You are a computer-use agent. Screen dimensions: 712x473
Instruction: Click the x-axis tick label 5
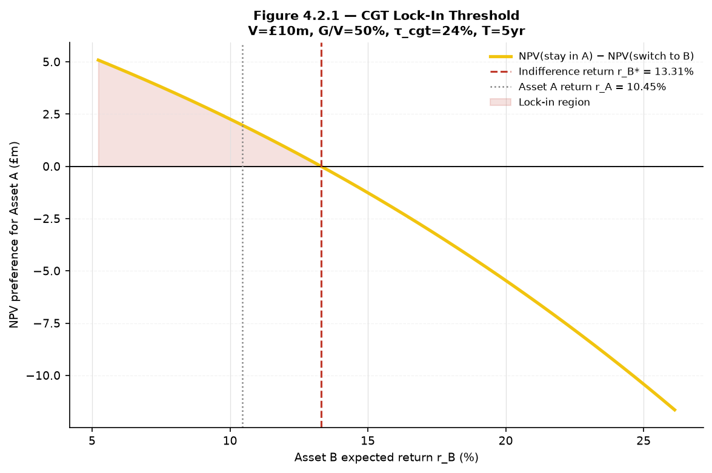[x=92, y=441]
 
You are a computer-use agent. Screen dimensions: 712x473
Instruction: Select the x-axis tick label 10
[x=230, y=441]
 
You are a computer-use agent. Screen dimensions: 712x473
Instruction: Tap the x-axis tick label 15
[x=368, y=441]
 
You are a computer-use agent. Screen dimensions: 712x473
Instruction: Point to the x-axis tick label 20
[x=506, y=441]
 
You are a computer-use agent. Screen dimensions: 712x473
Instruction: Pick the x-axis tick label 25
[x=644, y=441]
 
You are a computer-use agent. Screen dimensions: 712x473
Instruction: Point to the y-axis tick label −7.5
[x=48, y=323]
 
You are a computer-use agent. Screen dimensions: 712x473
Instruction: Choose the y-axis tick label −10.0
[x=45, y=376]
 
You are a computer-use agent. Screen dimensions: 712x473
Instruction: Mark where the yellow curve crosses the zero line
[x=322, y=167]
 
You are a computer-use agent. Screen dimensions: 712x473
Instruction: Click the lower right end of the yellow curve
[x=675, y=411]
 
